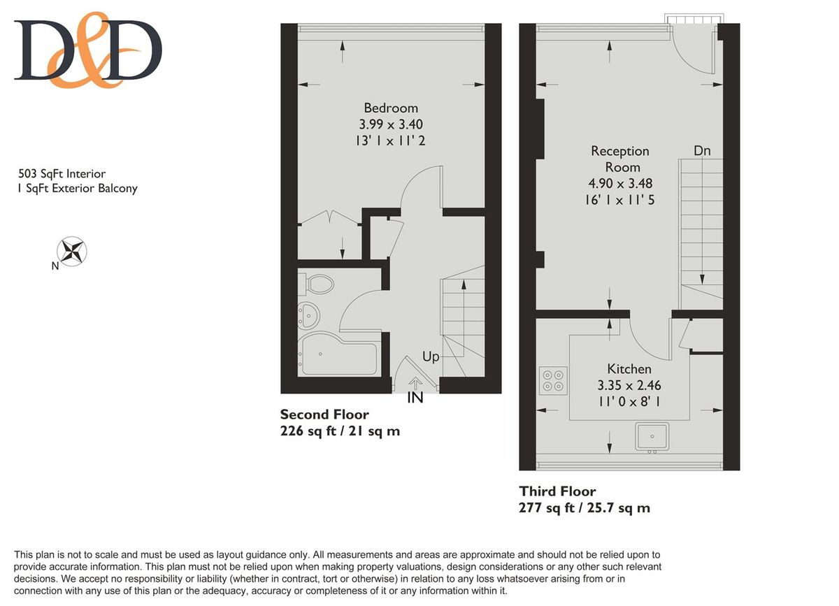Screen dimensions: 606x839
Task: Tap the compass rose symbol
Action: [x=72, y=251]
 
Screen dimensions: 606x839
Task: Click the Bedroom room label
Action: [x=391, y=108]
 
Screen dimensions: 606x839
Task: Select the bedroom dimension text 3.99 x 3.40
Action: [x=391, y=124]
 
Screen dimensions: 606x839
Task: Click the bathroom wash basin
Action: [x=308, y=316]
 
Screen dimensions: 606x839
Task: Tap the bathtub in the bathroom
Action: [x=339, y=356]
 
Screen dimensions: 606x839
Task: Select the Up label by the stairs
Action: [x=431, y=356]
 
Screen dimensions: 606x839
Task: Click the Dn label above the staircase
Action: [x=703, y=150]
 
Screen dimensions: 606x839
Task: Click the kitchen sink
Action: [x=652, y=437]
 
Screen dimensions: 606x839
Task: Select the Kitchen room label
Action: [x=629, y=368]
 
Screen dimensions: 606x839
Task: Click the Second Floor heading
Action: [x=324, y=414]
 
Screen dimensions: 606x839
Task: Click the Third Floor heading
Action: [x=557, y=491]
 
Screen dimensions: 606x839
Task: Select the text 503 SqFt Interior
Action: [x=62, y=173]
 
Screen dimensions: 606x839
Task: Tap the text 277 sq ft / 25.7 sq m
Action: [x=585, y=507]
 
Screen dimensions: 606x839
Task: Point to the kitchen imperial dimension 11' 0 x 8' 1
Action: [x=629, y=401]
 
